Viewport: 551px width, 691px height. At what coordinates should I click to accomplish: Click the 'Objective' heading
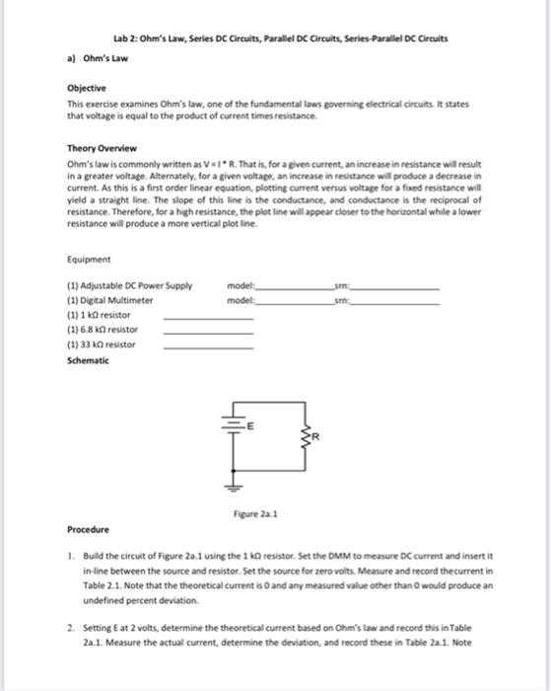(x=86, y=86)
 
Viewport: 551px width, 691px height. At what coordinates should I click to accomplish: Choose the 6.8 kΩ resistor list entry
(x=103, y=329)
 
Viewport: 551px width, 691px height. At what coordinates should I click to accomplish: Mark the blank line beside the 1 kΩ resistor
(x=208, y=316)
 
